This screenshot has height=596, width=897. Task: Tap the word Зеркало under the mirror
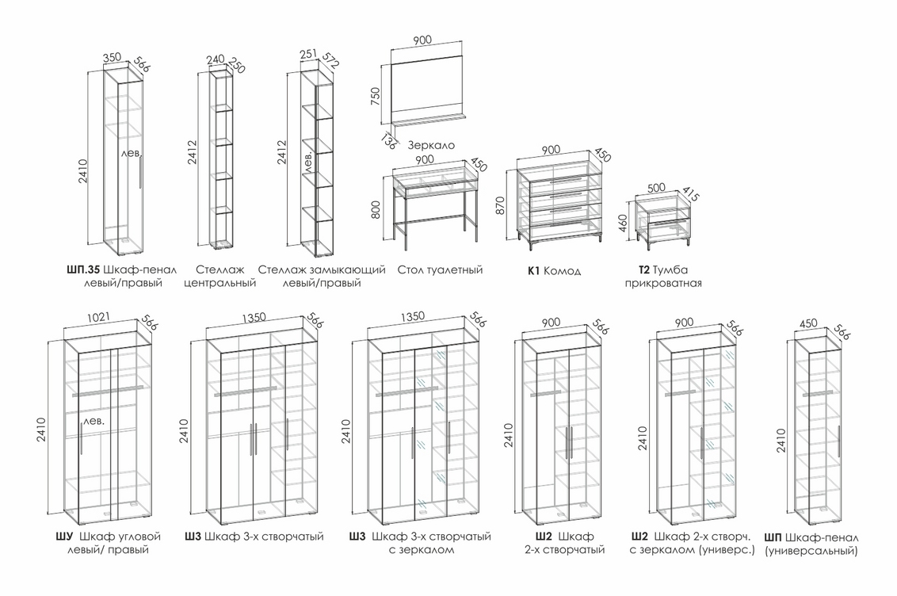tap(432, 145)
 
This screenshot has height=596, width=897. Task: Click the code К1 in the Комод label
tap(533, 270)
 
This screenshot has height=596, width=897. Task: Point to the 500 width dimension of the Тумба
tap(657, 187)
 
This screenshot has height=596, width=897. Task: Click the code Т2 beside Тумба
tap(643, 270)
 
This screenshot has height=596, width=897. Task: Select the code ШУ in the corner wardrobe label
tap(65, 537)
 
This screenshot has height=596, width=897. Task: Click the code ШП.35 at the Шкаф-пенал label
tap(83, 270)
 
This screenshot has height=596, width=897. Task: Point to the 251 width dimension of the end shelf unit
tap(308, 55)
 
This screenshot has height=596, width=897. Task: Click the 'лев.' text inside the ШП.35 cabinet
tap(132, 153)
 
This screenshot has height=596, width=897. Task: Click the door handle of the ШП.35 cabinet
tap(140, 172)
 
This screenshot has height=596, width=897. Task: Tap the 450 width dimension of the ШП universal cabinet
tap(808, 323)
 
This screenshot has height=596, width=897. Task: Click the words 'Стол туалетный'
tap(440, 270)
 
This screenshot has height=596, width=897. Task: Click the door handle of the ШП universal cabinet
tap(838, 441)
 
